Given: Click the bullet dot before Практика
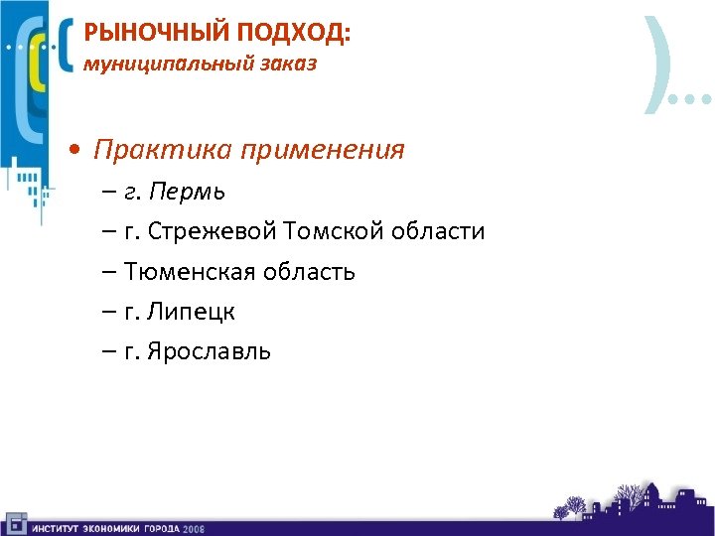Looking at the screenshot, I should [x=76, y=151].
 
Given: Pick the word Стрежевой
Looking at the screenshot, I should [x=213, y=231].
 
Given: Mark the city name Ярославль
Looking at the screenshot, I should [x=208, y=352].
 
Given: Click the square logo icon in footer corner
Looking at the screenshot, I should [x=15, y=522].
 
